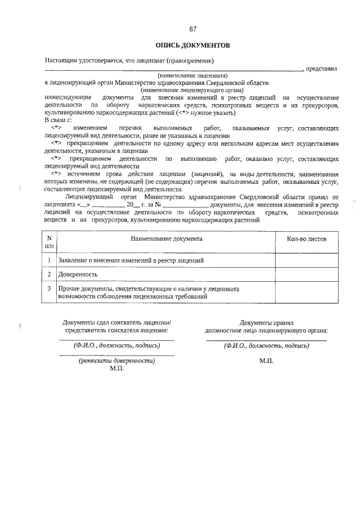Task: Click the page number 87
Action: [193, 29]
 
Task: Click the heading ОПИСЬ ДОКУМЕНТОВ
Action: [192, 44]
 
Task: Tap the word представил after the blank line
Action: [322, 69]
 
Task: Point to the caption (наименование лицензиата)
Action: [192, 75]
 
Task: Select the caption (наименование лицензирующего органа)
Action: [192, 90]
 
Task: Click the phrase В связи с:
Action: [58, 120]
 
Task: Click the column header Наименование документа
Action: [166, 239]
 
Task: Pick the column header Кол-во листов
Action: [306, 239]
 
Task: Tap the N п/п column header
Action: [49, 242]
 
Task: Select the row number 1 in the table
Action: [49, 260]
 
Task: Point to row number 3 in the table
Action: [49, 289]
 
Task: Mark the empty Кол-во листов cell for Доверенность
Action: [306, 274]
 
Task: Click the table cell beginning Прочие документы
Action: [149, 292]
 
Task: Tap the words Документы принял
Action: [266, 323]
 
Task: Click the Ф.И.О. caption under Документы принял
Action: [266, 346]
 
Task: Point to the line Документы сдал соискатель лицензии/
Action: [116, 323]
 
